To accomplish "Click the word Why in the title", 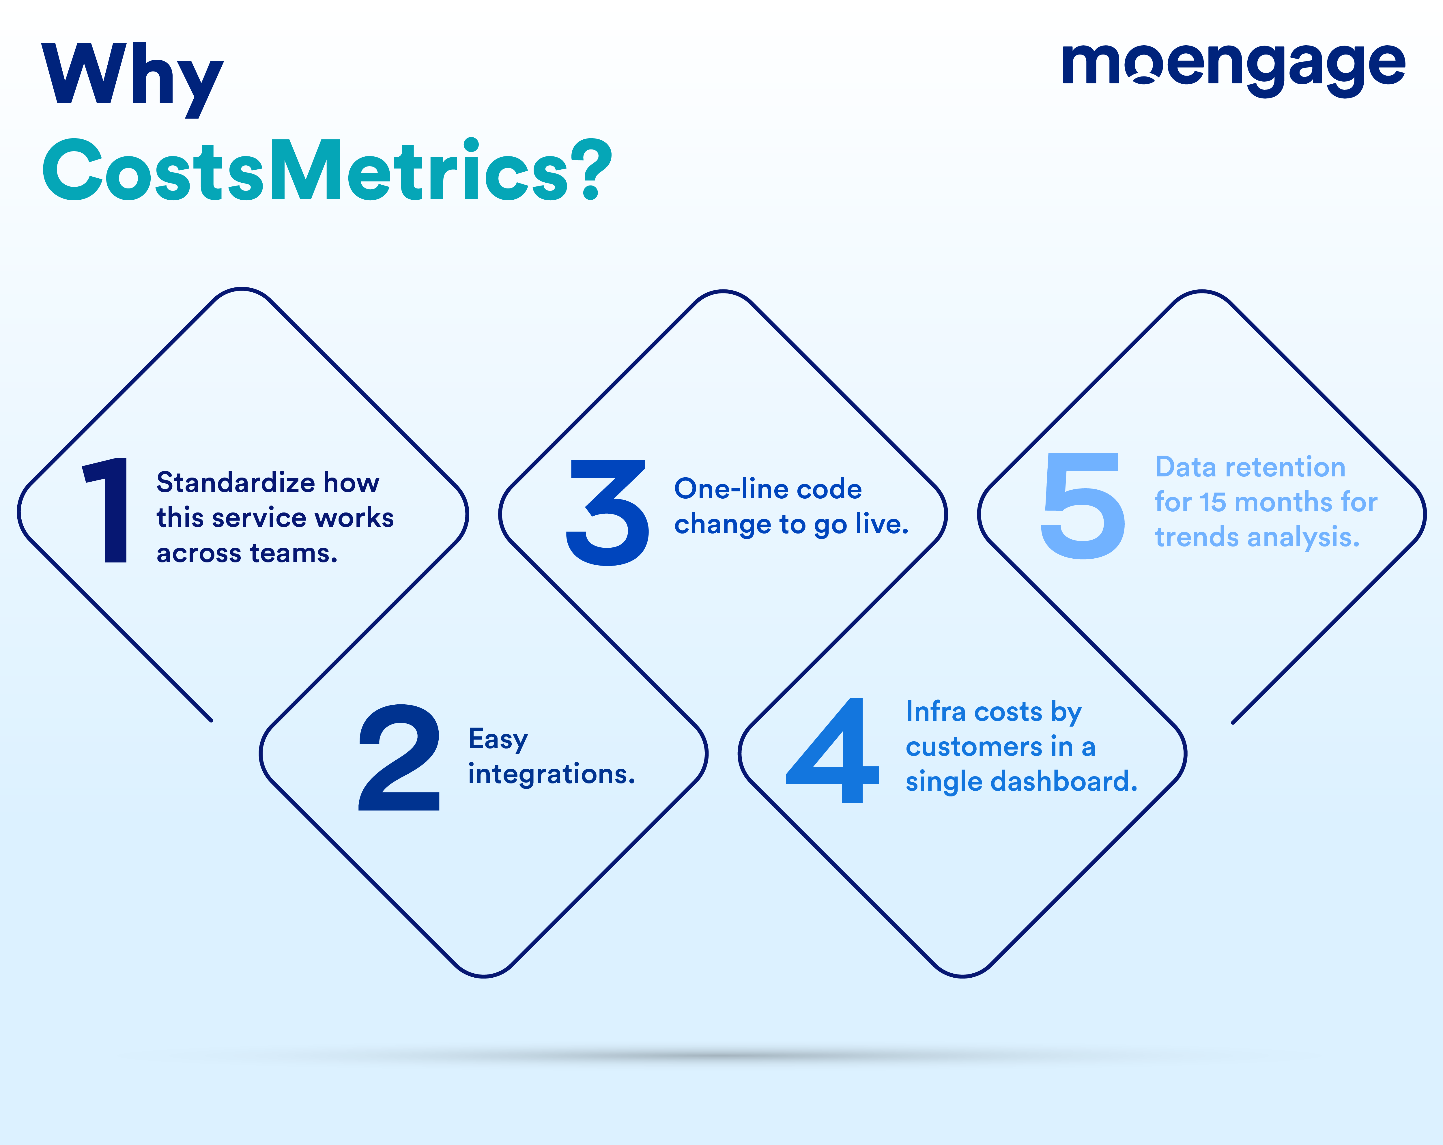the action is [132, 79].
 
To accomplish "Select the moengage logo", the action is [1233, 67].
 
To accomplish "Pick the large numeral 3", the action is [607, 512].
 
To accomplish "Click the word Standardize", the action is [235, 482].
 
